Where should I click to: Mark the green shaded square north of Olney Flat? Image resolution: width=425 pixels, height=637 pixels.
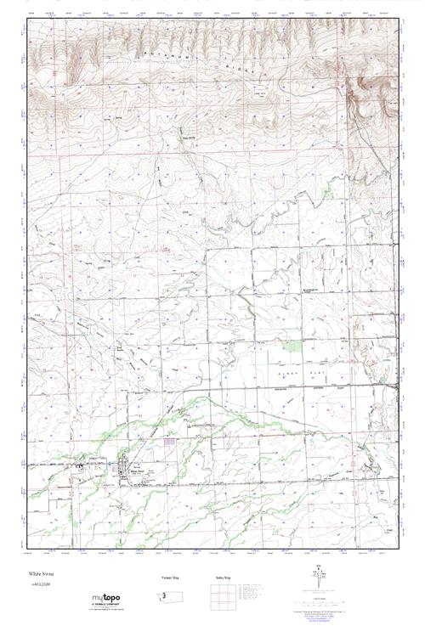pos(293,346)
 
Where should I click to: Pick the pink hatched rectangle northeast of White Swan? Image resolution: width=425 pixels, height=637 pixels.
pos(170,442)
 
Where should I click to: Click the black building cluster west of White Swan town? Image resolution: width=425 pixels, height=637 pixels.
pos(82,466)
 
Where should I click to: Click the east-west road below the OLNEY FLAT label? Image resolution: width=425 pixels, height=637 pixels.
pos(306,386)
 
